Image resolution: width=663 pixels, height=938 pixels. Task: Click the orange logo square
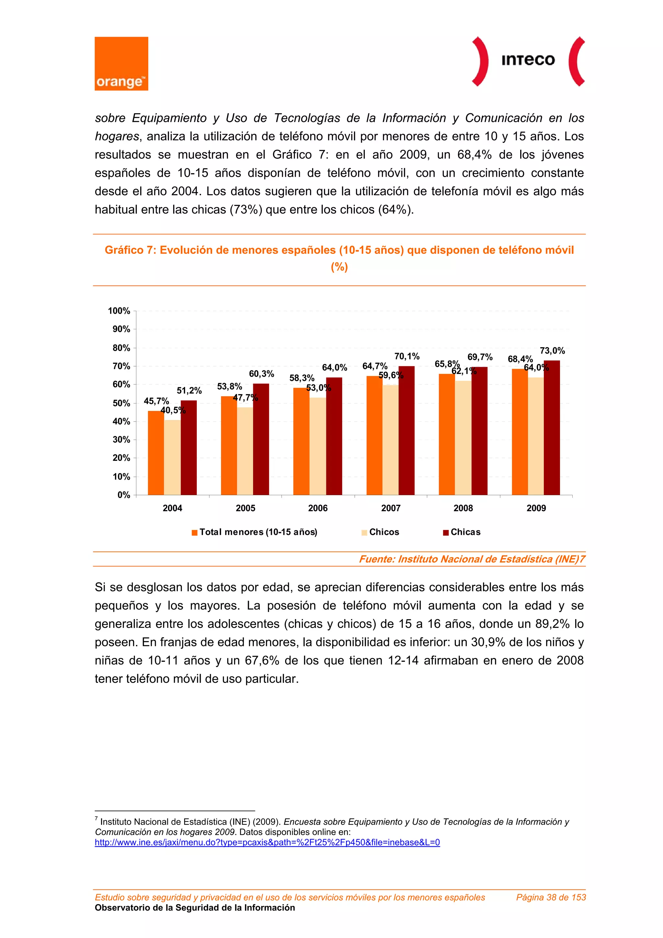tap(121, 63)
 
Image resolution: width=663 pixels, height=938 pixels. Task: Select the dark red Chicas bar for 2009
tap(552, 427)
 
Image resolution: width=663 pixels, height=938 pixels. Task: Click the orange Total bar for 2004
tap(156, 453)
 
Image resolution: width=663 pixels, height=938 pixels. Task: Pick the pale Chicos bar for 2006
tap(317, 446)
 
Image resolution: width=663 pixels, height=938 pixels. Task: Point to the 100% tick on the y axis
tap(119, 311)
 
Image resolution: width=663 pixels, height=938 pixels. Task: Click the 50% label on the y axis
tap(121, 403)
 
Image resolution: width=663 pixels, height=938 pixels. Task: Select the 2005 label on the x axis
tap(245, 508)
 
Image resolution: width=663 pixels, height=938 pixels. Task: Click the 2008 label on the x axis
tap(463, 508)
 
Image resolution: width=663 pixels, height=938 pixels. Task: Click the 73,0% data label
tap(552, 351)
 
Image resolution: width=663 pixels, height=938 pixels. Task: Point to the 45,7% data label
tap(156, 401)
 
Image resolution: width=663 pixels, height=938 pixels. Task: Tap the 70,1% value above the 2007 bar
tap(407, 356)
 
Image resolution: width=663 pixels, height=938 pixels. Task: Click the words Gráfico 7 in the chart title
tap(129, 250)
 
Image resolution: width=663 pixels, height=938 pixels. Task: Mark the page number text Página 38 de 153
tap(551, 897)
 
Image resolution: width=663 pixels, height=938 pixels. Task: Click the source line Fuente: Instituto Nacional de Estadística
tap(472, 559)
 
